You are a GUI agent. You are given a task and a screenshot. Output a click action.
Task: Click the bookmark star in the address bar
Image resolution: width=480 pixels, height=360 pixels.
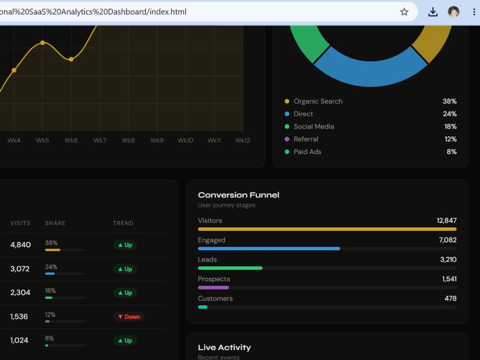(x=404, y=12)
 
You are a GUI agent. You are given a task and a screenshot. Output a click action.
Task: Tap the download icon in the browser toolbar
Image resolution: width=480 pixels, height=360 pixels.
(x=433, y=12)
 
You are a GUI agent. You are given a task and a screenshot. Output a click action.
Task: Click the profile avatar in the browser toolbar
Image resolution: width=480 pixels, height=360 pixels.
(x=454, y=12)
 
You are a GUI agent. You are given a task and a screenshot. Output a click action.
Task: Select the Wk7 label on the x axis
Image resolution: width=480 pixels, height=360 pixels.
(x=100, y=140)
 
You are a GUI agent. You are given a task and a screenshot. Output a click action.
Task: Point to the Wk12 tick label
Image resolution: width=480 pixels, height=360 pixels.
(x=243, y=140)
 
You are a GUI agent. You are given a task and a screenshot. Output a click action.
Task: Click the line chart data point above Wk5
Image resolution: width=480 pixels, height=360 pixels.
(x=43, y=43)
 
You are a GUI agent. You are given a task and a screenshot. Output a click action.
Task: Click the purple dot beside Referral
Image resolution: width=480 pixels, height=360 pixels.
(x=287, y=139)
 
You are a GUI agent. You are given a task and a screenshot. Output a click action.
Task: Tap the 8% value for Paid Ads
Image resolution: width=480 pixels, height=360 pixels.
(x=452, y=152)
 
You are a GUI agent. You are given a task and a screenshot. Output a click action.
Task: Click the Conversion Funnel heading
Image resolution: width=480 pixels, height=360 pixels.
(x=239, y=195)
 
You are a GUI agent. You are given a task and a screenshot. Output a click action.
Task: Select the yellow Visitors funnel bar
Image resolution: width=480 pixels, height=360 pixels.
(x=327, y=229)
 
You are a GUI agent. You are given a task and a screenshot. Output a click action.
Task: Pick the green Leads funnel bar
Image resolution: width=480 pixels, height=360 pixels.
(x=230, y=268)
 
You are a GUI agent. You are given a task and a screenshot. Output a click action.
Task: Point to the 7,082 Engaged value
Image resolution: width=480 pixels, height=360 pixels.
(x=447, y=240)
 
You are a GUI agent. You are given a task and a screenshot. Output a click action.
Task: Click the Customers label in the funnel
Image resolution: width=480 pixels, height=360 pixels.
(x=215, y=299)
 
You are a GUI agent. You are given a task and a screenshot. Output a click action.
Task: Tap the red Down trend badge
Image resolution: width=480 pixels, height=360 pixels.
(x=129, y=317)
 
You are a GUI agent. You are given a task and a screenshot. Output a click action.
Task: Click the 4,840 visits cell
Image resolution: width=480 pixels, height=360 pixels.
(x=21, y=245)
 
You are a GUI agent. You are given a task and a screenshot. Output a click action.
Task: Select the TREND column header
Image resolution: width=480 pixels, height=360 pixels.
(x=123, y=223)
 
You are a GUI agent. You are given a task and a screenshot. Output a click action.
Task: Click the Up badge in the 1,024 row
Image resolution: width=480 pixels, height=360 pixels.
(x=125, y=340)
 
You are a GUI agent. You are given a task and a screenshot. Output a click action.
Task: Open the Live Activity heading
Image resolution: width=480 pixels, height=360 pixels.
(x=224, y=348)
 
